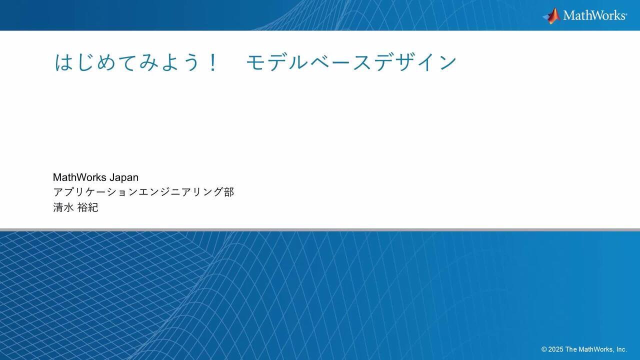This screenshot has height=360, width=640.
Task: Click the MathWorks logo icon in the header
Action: coord(551,15)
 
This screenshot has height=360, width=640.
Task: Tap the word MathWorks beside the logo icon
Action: coord(594,15)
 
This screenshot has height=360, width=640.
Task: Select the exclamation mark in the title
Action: coord(213,62)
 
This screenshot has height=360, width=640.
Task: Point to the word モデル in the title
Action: coord(275,62)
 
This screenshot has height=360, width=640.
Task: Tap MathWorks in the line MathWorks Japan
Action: coord(79,177)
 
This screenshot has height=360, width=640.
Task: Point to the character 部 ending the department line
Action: coord(229,192)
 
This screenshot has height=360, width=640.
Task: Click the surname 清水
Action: coord(63,207)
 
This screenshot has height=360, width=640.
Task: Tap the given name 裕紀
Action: coord(88,207)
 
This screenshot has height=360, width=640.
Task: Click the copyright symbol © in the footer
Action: coord(544,349)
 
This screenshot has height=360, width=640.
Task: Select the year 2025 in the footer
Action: coord(555,349)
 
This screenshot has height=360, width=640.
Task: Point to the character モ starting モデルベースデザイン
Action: coord(255,62)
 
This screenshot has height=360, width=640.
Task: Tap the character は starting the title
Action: coord(63,62)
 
